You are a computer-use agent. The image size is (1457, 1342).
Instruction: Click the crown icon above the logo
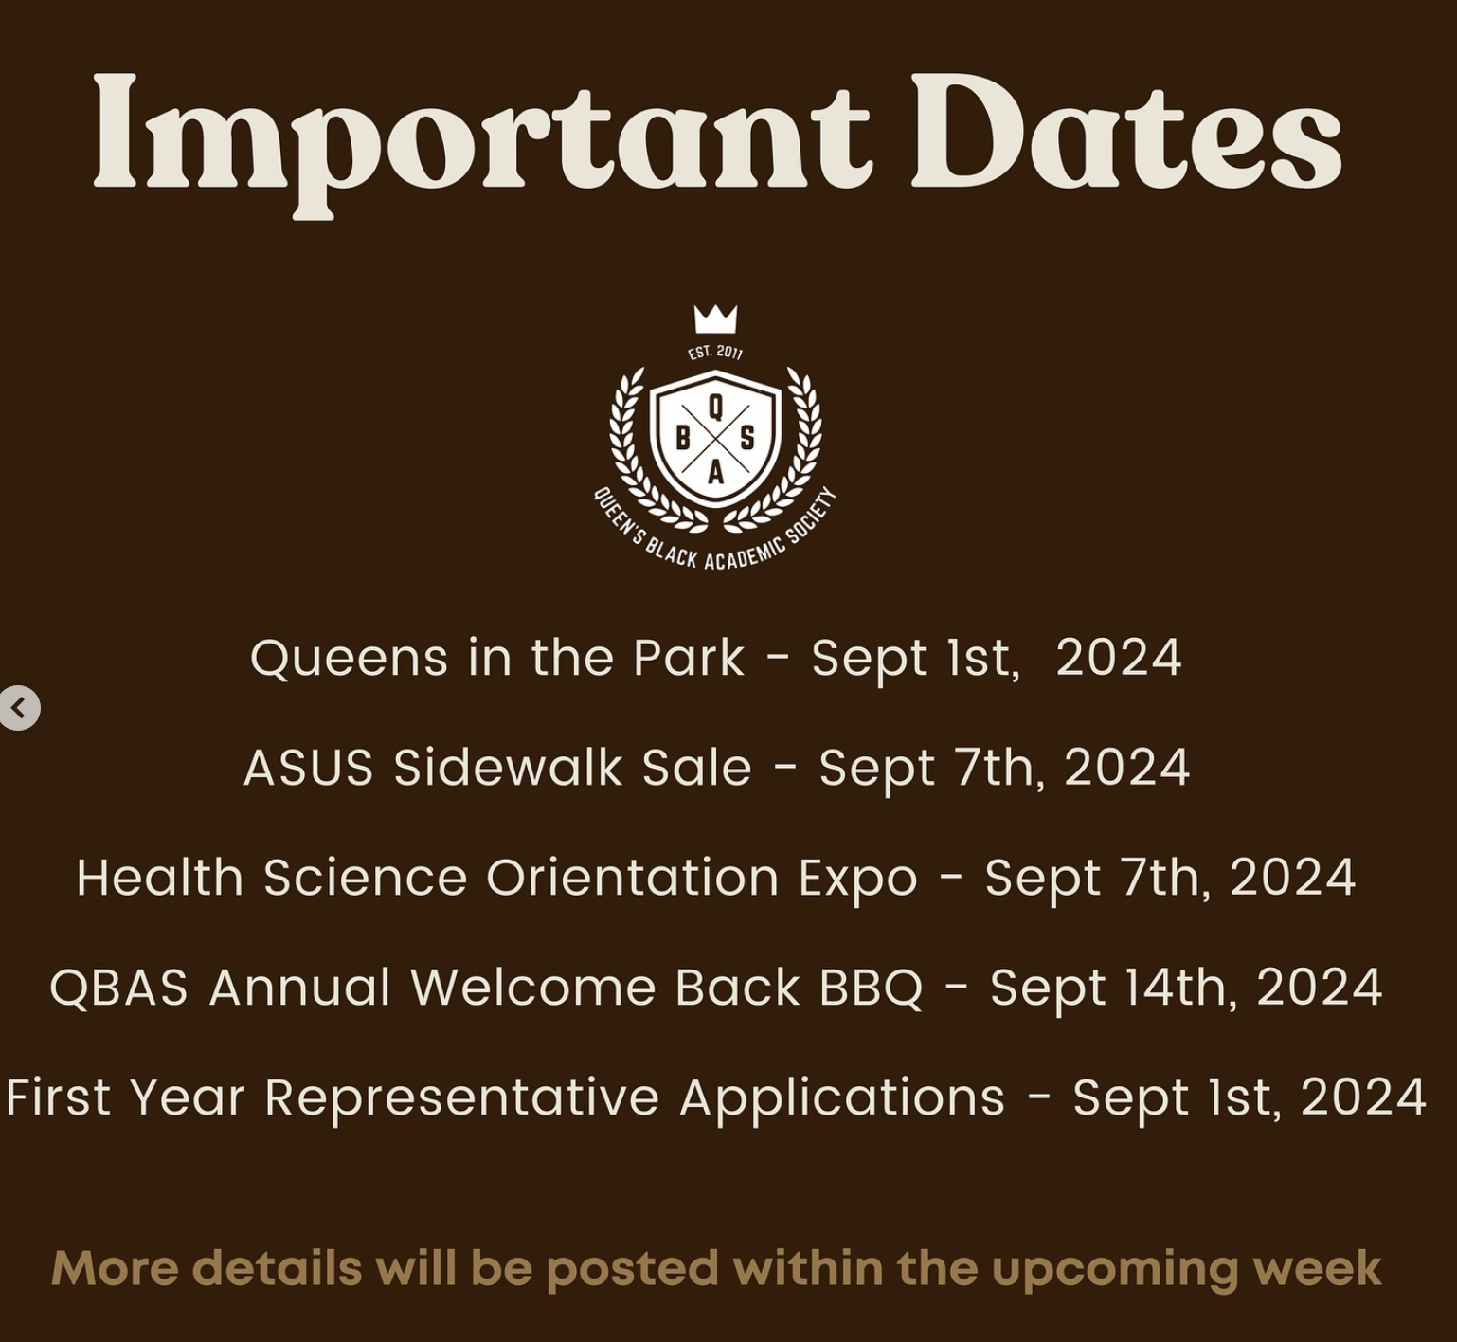coord(715,318)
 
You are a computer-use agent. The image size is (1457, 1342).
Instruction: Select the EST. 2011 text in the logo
coord(715,352)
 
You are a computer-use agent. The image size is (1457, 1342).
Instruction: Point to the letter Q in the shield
coord(715,407)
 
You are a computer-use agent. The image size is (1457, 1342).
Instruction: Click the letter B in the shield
coord(682,439)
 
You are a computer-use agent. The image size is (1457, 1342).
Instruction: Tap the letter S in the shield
coord(747,439)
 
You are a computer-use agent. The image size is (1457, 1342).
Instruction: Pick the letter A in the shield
coord(715,471)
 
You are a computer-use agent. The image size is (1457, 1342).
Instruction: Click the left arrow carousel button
coord(19,708)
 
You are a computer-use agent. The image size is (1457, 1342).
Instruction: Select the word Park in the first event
coord(689,658)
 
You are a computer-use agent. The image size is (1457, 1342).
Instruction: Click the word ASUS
coord(309,767)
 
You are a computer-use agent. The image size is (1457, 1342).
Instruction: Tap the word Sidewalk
coord(508,767)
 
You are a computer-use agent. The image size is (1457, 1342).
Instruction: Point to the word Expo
coord(858,878)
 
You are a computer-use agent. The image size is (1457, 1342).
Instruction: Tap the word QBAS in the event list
coord(119,988)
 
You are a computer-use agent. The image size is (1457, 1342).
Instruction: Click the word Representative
coord(461,1097)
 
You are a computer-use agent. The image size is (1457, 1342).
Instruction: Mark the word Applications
coord(842,1097)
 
